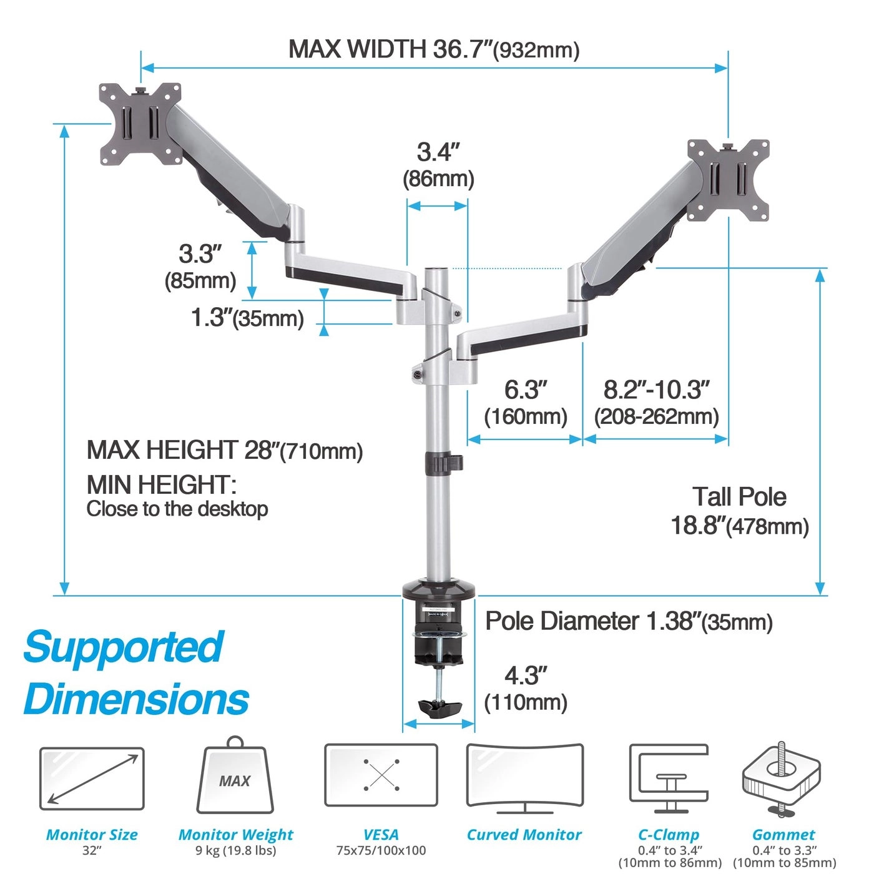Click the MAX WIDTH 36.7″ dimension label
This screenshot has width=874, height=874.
click(x=433, y=49)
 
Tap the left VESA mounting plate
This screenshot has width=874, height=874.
click(x=140, y=124)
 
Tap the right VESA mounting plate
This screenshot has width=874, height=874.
click(x=728, y=180)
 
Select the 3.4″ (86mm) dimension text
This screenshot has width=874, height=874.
click(x=438, y=165)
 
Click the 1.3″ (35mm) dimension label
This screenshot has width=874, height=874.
click(x=247, y=318)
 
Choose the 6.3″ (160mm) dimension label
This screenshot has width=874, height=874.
click(x=526, y=403)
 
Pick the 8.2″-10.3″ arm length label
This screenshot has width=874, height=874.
click(x=656, y=403)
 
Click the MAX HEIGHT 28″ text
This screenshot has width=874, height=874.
click(x=225, y=450)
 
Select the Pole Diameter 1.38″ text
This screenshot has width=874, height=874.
click(x=629, y=621)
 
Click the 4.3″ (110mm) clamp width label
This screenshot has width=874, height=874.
click(x=526, y=689)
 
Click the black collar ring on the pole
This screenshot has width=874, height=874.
click(x=443, y=463)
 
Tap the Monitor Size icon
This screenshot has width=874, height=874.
click(x=92, y=779)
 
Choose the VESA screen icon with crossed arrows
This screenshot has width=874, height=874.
click(x=381, y=775)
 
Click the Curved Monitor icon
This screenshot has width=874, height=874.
click(x=524, y=777)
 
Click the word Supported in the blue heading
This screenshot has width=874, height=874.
click(x=123, y=647)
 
